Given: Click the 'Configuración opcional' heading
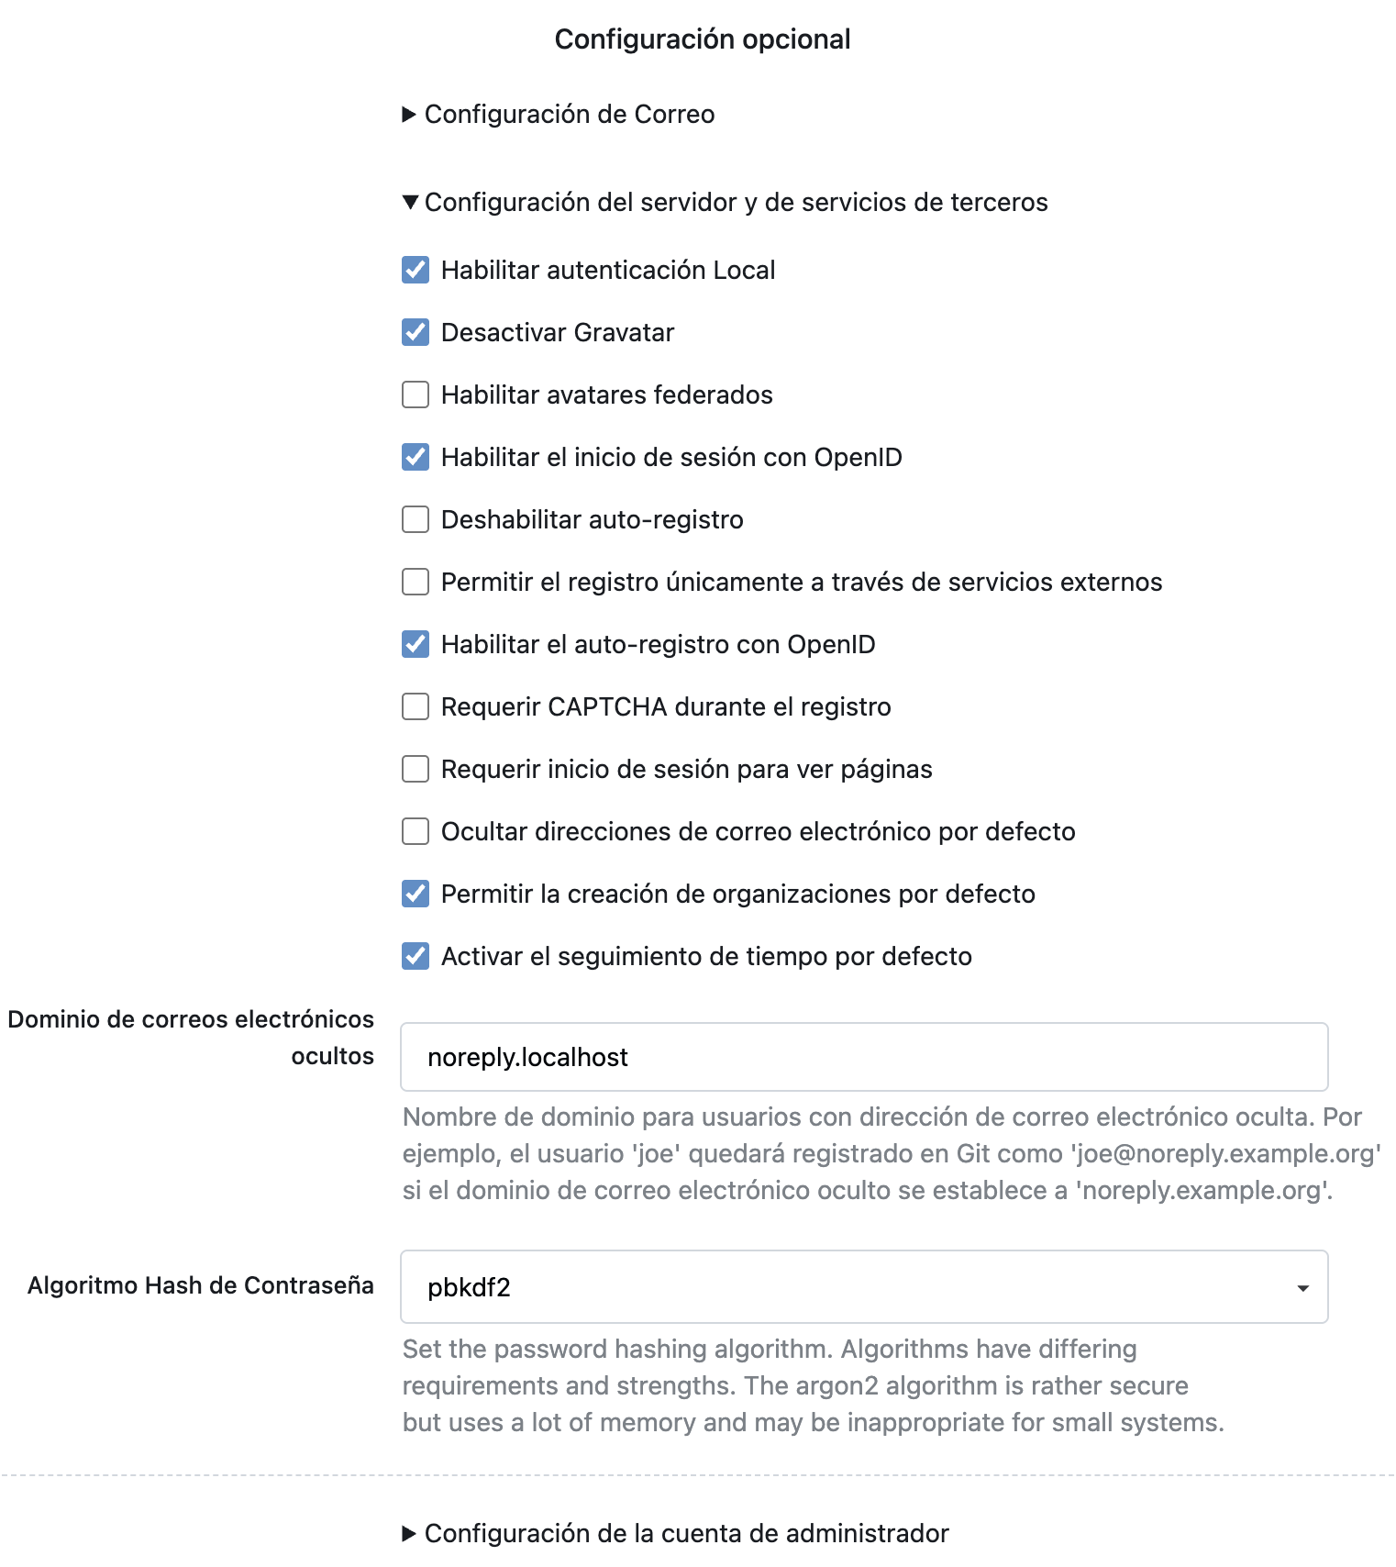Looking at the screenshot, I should tap(703, 39).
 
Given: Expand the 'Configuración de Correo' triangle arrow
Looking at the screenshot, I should tap(409, 115).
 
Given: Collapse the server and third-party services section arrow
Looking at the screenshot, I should tap(410, 202).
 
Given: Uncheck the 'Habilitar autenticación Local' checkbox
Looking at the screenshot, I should tap(415, 270).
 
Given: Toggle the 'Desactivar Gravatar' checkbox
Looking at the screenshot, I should tap(415, 332).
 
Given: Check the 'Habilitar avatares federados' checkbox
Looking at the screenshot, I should tap(415, 395).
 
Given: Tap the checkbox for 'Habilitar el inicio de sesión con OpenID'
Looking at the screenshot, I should tap(415, 457).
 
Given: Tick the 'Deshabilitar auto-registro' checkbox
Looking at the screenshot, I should tap(415, 519).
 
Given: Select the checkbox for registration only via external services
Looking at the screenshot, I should tap(415, 582).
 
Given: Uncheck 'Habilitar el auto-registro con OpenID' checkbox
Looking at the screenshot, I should tap(415, 644).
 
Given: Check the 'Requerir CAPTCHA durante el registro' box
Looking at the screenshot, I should tap(415, 706).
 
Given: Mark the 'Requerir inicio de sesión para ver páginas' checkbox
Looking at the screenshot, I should tap(415, 769).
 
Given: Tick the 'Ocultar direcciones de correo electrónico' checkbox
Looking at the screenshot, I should tap(415, 831).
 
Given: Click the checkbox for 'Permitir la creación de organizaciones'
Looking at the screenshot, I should tap(415, 894).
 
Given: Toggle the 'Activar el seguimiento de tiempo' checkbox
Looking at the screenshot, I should tap(415, 956).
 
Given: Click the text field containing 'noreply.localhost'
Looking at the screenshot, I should tap(863, 1057).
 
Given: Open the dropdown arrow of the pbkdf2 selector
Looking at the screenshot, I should tap(1302, 1288).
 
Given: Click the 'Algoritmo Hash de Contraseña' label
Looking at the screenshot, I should tap(201, 1285).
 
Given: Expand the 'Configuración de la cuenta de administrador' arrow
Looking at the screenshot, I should tap(409, 1533).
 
